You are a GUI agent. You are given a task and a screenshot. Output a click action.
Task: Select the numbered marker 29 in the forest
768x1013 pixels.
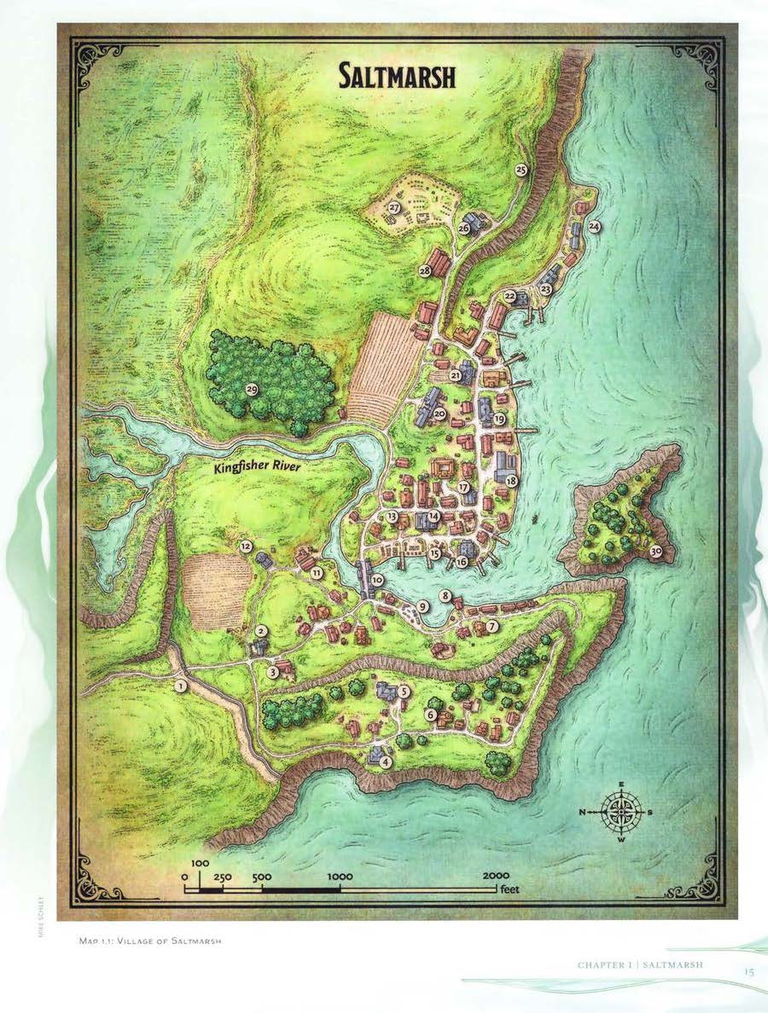(x=252, y=390)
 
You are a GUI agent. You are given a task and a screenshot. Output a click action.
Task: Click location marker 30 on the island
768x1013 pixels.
(x=655, y=551)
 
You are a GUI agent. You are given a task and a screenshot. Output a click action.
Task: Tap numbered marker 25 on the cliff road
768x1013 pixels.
(x=521, y=169)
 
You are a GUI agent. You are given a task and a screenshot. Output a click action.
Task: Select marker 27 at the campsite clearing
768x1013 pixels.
(x=395, y=207)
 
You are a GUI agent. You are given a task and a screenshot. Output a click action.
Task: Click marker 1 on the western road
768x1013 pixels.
(x=180, y=685)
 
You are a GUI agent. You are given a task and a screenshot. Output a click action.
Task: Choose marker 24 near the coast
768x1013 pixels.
(x=594, y=226)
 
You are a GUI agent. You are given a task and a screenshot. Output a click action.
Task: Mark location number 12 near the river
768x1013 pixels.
(x=246, y=546)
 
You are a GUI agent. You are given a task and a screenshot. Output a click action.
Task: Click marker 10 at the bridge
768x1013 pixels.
(x=377, y=580)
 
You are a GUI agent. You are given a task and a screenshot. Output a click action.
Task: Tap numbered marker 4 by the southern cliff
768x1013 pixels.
(x=387, y=761)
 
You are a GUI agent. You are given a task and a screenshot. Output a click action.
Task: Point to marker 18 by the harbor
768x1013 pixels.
(x=511, y=481)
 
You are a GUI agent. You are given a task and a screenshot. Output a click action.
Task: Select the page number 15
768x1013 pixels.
(x=748, y=970)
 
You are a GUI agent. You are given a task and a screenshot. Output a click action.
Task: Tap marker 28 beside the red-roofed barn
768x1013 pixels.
(x=425, y=270)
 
